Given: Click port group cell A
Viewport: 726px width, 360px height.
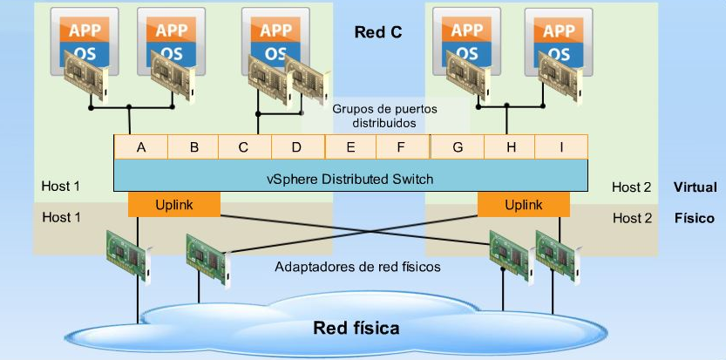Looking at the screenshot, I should pyautogui.click(x=140, y=147).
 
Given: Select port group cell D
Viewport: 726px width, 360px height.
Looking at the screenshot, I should pyautogui.click(x=296, y=147).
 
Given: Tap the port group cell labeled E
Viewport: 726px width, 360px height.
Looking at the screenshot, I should pyautogui.click(x=350, y=147).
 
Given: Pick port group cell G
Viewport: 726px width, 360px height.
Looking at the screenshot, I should pyautogui.click(x=458, y=147).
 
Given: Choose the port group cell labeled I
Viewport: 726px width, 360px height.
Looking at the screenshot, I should pyautogui.click(x=561, y=147).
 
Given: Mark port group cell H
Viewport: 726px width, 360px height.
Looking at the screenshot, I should pyautogui.click(x=511, y=147).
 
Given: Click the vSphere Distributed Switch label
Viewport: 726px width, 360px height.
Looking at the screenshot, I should pyautogui.click(x=349, y=179).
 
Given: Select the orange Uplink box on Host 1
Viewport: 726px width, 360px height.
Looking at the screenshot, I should pyautogui.click(x=173, y=204).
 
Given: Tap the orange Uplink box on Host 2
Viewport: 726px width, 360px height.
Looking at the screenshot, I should pyautogui.click(x=523, y=204).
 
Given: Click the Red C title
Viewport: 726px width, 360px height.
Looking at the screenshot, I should pyautogui.click(x=378, y=33).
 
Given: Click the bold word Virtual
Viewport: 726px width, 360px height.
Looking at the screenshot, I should pyautogui.click(x=694, y=187).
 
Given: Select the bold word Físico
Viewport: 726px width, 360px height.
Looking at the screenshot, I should pyautogui.click(x=694, y=218).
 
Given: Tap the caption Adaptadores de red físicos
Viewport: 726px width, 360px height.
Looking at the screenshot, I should pyautogui.click(x=356, y=267).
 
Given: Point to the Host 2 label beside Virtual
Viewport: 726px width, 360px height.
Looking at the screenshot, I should pyautogui.click(x=631, y=187).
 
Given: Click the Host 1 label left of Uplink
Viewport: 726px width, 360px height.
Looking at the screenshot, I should pyautogui.click(x=61, y=217).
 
